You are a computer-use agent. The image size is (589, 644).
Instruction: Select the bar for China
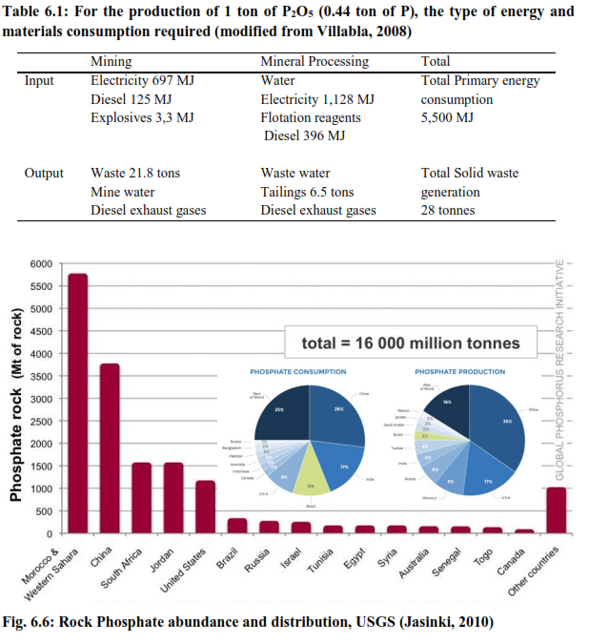[110, 448]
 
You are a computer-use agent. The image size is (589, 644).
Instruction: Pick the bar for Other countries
[556, 509]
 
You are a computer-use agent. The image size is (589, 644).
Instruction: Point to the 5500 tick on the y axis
[39, 286]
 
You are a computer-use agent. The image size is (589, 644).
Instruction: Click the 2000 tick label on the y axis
[39, 444]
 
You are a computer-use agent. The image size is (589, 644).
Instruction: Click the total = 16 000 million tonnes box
[410, 343]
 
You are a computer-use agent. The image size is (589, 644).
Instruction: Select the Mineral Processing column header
[314, 61]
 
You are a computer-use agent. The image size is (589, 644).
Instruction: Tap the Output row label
[44, 173]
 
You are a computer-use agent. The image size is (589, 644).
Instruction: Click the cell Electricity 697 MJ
[142, 80]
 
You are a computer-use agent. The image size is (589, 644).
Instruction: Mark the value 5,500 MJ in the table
[447, 118]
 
